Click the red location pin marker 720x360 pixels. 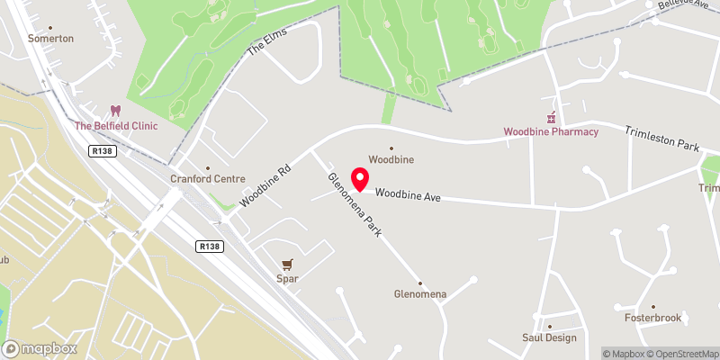360,179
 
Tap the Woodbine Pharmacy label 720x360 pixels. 551,132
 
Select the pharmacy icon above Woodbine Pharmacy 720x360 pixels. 551,117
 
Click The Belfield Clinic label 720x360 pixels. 115,126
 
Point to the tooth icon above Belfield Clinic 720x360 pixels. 115,111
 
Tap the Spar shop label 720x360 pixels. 287,279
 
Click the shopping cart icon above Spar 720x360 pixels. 287,265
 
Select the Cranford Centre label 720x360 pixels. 208,178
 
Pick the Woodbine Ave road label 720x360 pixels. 407,193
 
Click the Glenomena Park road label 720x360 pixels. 355,204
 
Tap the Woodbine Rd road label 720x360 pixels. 266,184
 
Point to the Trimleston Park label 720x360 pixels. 661,138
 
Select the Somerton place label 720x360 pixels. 50,39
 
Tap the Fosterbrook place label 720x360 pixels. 654,318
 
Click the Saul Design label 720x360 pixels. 549,337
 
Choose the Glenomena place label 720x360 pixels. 419,293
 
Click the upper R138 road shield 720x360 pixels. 101,152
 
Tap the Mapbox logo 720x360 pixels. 40,348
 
